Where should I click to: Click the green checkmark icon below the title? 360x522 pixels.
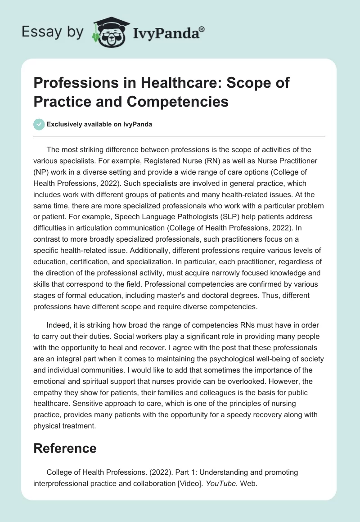39,125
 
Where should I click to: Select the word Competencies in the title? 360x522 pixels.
188,102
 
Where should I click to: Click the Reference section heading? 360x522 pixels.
65,448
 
